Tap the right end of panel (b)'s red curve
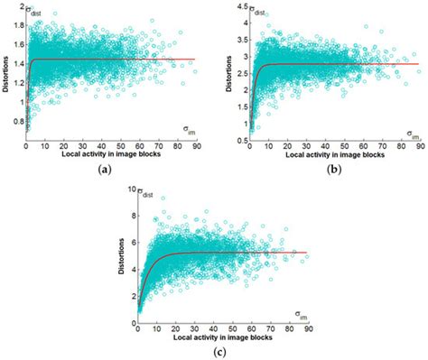(x=417, y=64)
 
